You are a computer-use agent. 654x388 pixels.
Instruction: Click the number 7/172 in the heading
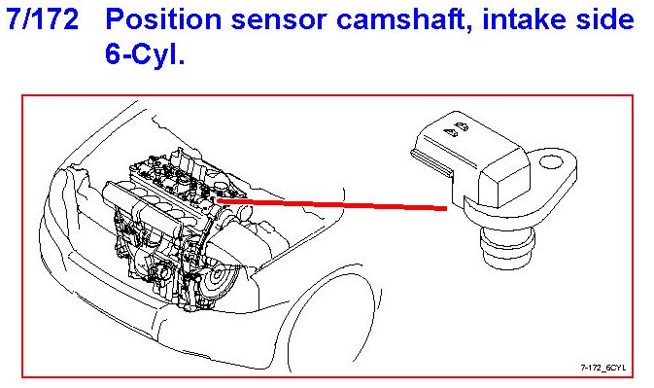coord(43,19)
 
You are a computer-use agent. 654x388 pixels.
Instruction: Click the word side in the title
coord(604,19)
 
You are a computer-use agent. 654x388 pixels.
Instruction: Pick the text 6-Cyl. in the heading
coord(145,53)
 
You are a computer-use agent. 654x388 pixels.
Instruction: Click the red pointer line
coord(331,204)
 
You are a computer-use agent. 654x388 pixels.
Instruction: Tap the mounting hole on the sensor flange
coord(551,162)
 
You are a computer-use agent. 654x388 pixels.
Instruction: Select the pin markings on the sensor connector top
coord(456,129)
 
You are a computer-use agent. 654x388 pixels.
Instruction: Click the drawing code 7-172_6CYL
coord(603,368)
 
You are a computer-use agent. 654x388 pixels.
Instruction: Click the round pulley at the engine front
coord(218,276)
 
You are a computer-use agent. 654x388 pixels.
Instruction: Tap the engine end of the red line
coord(218,200)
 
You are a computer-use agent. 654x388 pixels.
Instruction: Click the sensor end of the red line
coord(446,208)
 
